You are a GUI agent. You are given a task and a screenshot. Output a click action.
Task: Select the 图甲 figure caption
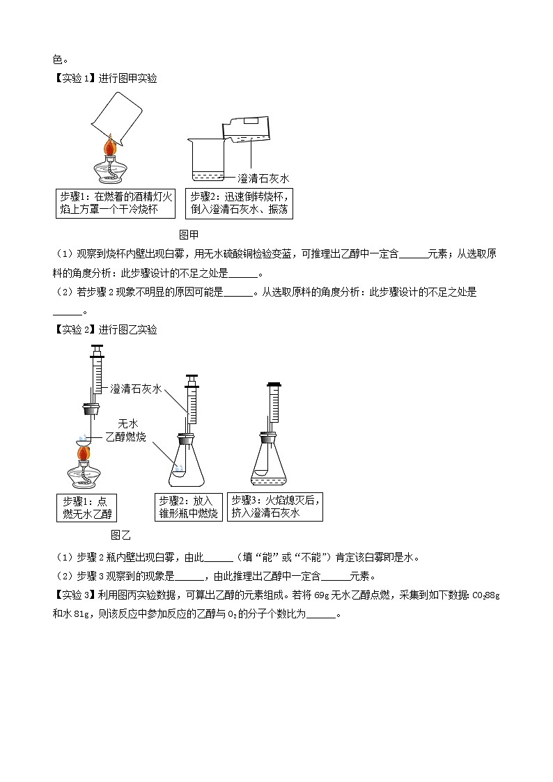[189, 234]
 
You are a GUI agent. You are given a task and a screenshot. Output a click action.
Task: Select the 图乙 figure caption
[120, 535]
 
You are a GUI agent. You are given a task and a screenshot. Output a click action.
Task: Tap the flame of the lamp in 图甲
[109, 148]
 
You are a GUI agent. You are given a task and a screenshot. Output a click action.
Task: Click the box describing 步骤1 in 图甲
[115, 203]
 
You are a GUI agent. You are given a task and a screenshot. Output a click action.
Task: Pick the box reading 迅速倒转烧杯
[239, 203]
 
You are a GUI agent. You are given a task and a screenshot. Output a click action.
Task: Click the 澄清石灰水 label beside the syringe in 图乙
[136, 389]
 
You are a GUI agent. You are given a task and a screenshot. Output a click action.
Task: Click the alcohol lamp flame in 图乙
[84, 454]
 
